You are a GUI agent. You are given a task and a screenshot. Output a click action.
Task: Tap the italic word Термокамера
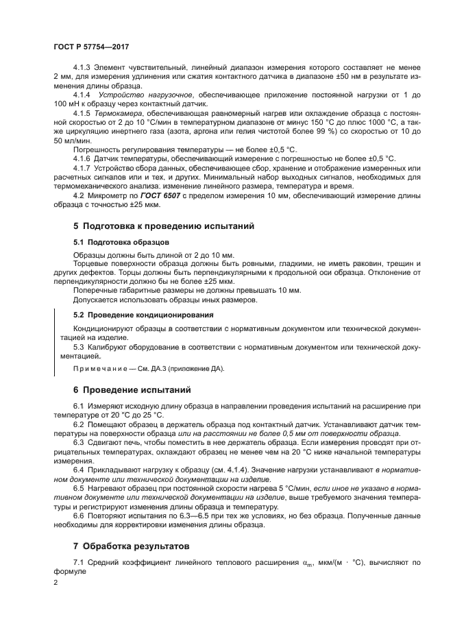click(x=116, y=112)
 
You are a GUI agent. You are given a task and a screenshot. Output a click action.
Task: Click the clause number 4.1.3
click(x=82, y=67)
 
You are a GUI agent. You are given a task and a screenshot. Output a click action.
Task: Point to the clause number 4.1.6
click(x=82, y=158)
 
